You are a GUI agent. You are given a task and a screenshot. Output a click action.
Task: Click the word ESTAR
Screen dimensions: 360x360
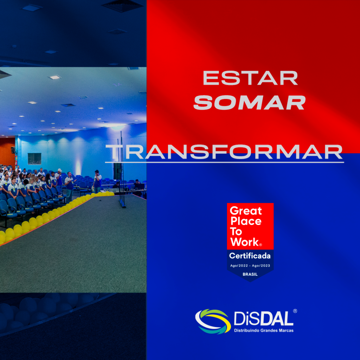point(250,78)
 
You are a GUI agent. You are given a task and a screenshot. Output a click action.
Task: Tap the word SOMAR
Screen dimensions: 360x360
point(250,102)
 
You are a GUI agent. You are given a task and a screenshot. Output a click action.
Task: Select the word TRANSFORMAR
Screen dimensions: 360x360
point(224,152)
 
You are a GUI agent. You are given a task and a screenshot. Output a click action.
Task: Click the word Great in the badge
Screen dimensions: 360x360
point(246,211)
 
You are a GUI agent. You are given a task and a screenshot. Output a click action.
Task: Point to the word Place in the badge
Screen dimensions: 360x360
point(246,221)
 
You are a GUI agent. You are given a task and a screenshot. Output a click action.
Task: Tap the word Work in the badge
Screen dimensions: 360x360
point(245,242)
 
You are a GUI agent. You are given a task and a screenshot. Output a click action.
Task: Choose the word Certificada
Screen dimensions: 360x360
point(250,256)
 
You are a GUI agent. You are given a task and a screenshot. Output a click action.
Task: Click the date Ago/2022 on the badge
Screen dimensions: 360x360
point(239,266)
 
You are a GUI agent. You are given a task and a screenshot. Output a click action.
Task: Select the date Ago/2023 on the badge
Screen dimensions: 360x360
point(261,266)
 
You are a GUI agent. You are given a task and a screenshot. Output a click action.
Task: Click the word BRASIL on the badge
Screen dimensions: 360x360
point(250,274)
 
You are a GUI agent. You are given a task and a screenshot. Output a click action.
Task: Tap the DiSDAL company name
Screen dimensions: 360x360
point(264,319)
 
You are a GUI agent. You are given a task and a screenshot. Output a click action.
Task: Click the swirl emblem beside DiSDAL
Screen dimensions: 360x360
point(213,321)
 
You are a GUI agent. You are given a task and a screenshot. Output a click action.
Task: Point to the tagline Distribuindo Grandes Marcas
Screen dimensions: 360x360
point(264,330)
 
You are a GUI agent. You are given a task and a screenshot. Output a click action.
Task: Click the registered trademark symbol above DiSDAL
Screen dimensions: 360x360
point(295,311)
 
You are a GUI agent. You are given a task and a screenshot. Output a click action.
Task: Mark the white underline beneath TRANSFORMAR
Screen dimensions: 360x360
point(224,162)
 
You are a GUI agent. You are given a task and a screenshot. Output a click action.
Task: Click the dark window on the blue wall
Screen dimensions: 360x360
point(34,159)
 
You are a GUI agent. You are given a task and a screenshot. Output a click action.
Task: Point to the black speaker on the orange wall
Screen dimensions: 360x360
point(13,150)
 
